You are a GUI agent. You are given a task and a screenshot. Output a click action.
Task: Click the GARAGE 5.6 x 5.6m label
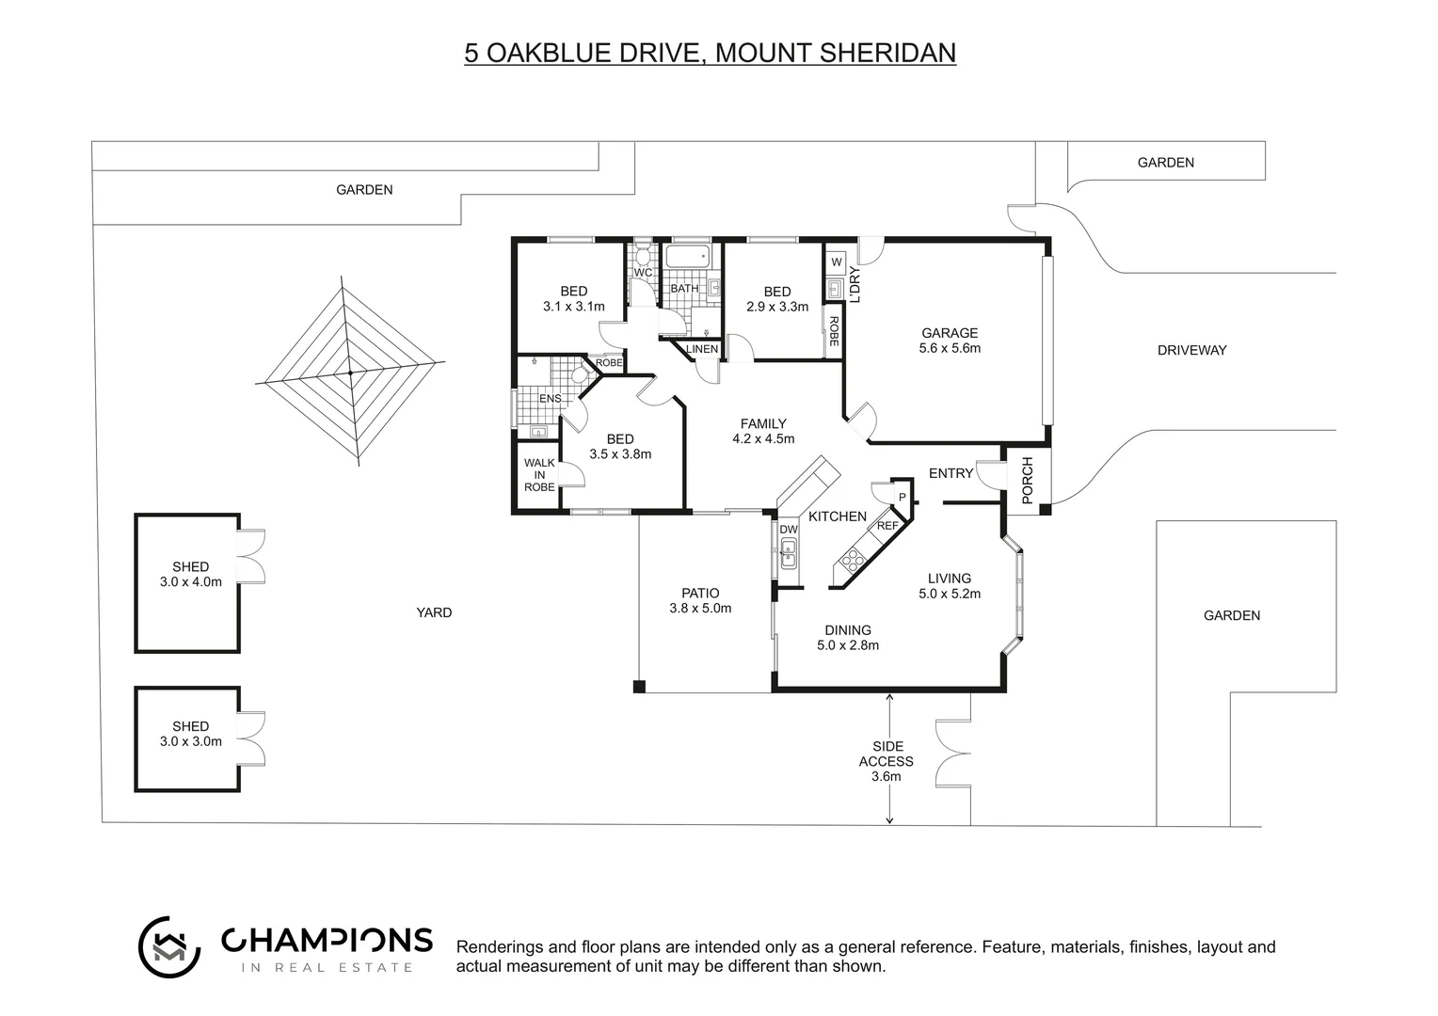pos(949,341)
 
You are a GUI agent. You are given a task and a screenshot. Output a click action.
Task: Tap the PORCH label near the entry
pos(1027,480)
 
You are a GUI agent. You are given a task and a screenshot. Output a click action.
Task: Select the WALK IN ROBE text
pos(539,475)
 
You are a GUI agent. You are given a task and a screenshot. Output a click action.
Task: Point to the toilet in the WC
pos(643,255)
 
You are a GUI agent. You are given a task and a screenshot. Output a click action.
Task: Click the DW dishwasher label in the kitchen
pos(788,530)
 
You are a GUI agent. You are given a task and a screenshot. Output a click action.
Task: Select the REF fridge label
pos(887,526)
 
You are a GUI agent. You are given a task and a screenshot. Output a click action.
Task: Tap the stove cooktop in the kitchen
pos(852,562)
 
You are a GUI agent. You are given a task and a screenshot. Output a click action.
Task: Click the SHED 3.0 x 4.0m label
pos(191,574)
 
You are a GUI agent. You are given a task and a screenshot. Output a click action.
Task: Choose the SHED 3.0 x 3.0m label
pos(191,734)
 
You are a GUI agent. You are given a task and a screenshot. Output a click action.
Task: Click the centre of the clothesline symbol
pos(350,373)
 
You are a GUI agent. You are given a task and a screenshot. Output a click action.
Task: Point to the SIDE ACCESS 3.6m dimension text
pos(886,761)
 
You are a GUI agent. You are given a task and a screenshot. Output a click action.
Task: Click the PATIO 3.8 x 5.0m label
pos(700,600)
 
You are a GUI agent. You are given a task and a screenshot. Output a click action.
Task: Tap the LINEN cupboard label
pos(702,349)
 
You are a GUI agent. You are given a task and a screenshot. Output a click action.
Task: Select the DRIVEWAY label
pos(1191,350)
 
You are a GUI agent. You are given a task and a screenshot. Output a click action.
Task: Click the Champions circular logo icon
pos(169,946)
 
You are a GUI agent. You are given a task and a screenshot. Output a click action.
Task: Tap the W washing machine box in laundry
pos(836,261)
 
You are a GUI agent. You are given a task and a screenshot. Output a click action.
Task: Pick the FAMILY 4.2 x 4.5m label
pos(763,431)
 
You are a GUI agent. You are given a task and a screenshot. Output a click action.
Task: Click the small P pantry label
pos(901,497)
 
